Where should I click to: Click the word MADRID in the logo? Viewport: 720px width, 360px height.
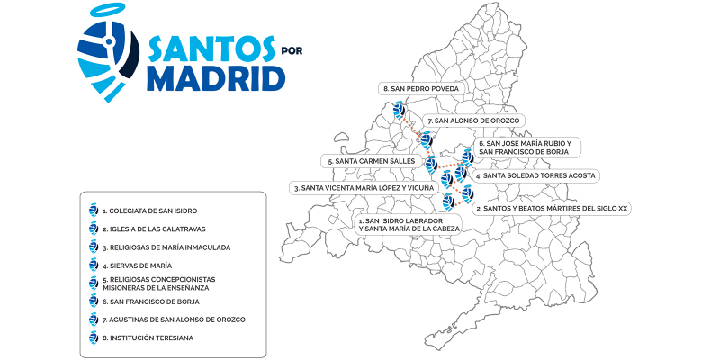[215, 77]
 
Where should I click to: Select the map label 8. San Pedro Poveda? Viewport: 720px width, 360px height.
[421, 89]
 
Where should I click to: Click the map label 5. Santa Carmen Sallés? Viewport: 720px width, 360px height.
[372, 161]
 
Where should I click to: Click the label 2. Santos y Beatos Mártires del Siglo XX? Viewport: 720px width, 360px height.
[551, 208]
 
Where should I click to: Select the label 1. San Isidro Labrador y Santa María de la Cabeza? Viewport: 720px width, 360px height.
[409, 224]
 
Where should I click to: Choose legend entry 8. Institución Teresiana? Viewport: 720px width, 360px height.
[148, 337]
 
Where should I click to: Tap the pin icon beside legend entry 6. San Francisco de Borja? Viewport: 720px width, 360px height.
[93, 301]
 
